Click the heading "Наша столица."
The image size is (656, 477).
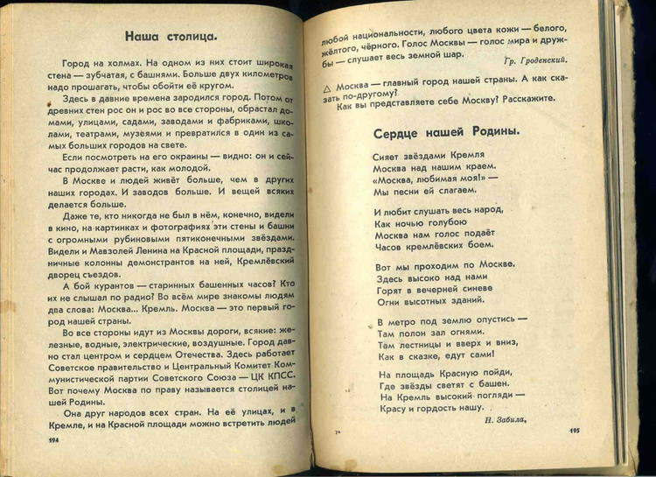coord(171,37)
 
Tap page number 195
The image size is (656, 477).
coord(574,431)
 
